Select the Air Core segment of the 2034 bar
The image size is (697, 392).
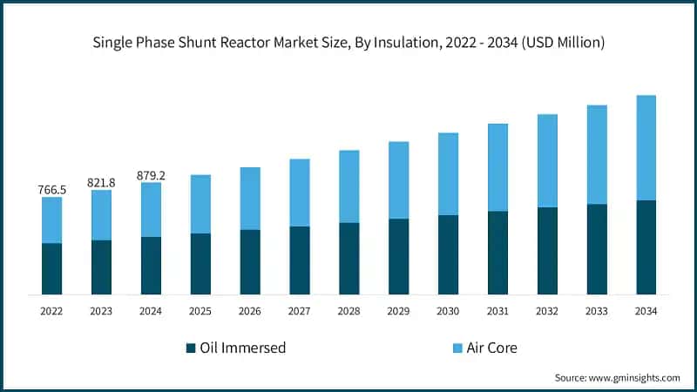[x=646, y=147]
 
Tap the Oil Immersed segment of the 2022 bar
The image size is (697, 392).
[x=51, y=268]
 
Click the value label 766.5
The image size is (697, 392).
[x=51, y=189]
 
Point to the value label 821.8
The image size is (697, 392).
[x=101, y=182]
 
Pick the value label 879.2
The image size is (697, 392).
[x=151, y=175]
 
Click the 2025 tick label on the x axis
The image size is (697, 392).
[x=200, y=311]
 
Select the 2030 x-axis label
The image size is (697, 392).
[x=448, y=311]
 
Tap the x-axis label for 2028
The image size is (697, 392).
[x=348, y=311]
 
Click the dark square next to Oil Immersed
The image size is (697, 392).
[x=190, y=348]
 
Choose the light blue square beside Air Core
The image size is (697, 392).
[x=457, y=348]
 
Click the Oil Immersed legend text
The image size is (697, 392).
[x=242, y=348]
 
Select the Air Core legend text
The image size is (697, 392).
[x=492, y=348]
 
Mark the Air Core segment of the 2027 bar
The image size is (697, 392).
[x=300, y=193]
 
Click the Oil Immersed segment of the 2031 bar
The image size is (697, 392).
[x=497, y=253]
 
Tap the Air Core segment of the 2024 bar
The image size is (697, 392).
[x=151, y=209]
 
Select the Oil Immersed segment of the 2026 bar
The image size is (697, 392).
[x=250, y=261]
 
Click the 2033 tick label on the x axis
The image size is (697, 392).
[x=597, y=311]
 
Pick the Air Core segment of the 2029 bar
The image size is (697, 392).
[x=398, y=179]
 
